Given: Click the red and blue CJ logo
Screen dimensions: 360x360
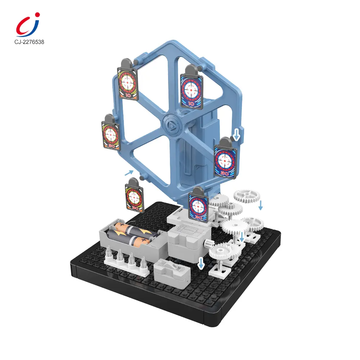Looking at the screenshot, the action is [x=28, y=25].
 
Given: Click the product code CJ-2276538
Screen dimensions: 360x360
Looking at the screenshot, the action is [x=29, y=42].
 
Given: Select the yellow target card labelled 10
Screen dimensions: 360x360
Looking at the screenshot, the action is [x=128, y=84].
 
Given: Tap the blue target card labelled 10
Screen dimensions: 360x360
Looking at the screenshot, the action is [x=192, y=91].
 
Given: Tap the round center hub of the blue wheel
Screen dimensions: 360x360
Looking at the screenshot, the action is [x=172, y=125].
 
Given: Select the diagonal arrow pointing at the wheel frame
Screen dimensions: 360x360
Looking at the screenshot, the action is [x=129, y=173].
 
